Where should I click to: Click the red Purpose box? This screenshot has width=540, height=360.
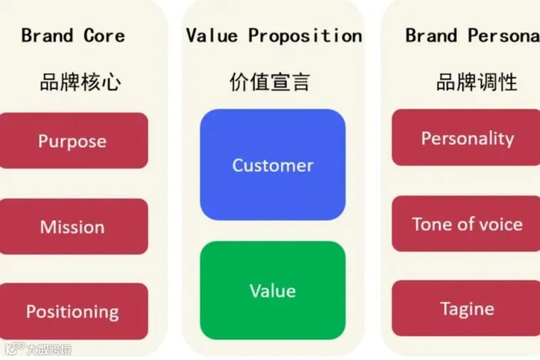(x=72, y=141)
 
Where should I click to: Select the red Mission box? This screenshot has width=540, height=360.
(x=72, y=227)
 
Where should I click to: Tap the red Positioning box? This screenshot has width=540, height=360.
(x=72, y=311)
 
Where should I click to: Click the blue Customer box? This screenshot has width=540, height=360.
(x=273, y=165)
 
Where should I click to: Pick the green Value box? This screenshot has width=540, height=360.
(x=273, y=290)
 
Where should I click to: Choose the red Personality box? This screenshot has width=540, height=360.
(x=467, y=138)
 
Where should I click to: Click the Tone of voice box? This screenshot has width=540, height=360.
(x=467, y=224)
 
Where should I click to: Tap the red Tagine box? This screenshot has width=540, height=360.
(x=467, y=308)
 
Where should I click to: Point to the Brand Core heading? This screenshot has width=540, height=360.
(x=73, y=36)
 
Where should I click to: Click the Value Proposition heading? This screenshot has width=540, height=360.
(x=274, y=36)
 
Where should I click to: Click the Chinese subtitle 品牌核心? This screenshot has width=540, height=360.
(x=80, y=82)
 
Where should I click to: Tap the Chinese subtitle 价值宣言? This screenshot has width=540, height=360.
(x=270, y=82)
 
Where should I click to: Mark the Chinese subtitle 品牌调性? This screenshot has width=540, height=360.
(x=476, y=82)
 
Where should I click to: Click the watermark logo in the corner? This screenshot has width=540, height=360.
(x=14, y=349)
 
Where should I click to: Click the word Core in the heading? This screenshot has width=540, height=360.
(x=104, y=36)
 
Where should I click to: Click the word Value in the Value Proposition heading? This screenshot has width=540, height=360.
(x=212, y=36)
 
